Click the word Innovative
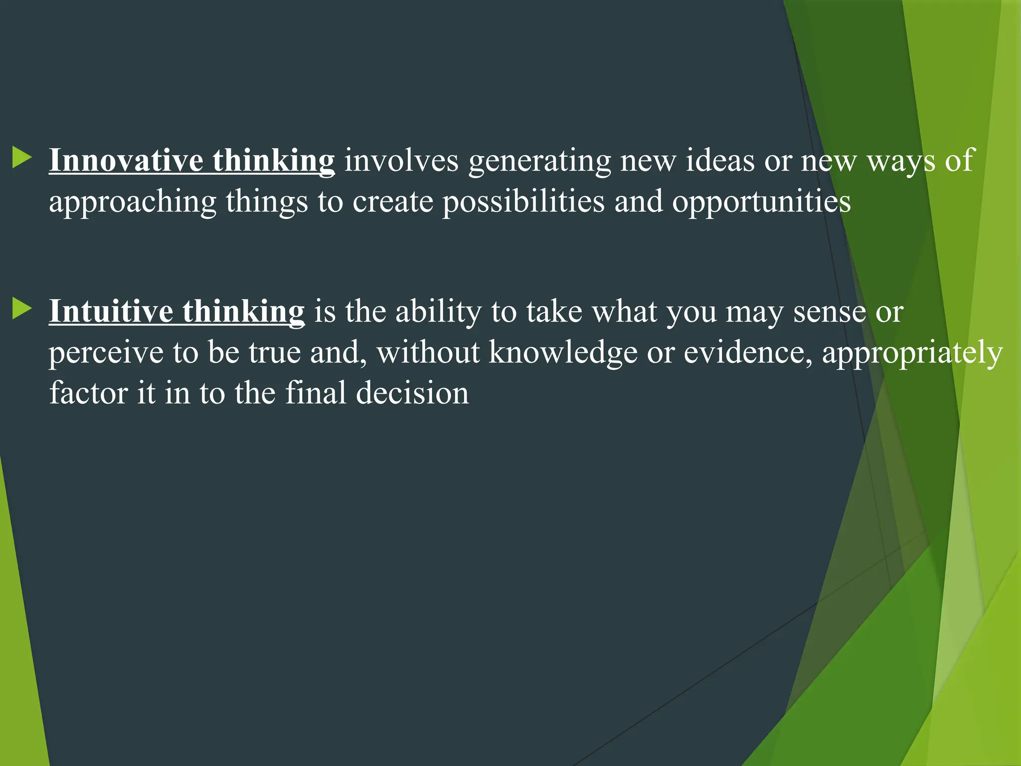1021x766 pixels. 126,161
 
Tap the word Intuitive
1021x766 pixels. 111,312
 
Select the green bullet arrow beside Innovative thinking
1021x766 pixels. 22,157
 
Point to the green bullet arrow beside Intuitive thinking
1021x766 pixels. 22,308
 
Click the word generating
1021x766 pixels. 539,162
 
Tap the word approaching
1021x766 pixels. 133,202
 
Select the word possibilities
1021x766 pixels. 523,202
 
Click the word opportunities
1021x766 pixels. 761,202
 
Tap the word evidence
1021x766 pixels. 748,353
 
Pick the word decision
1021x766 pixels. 412,393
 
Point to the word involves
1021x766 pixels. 401,161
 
